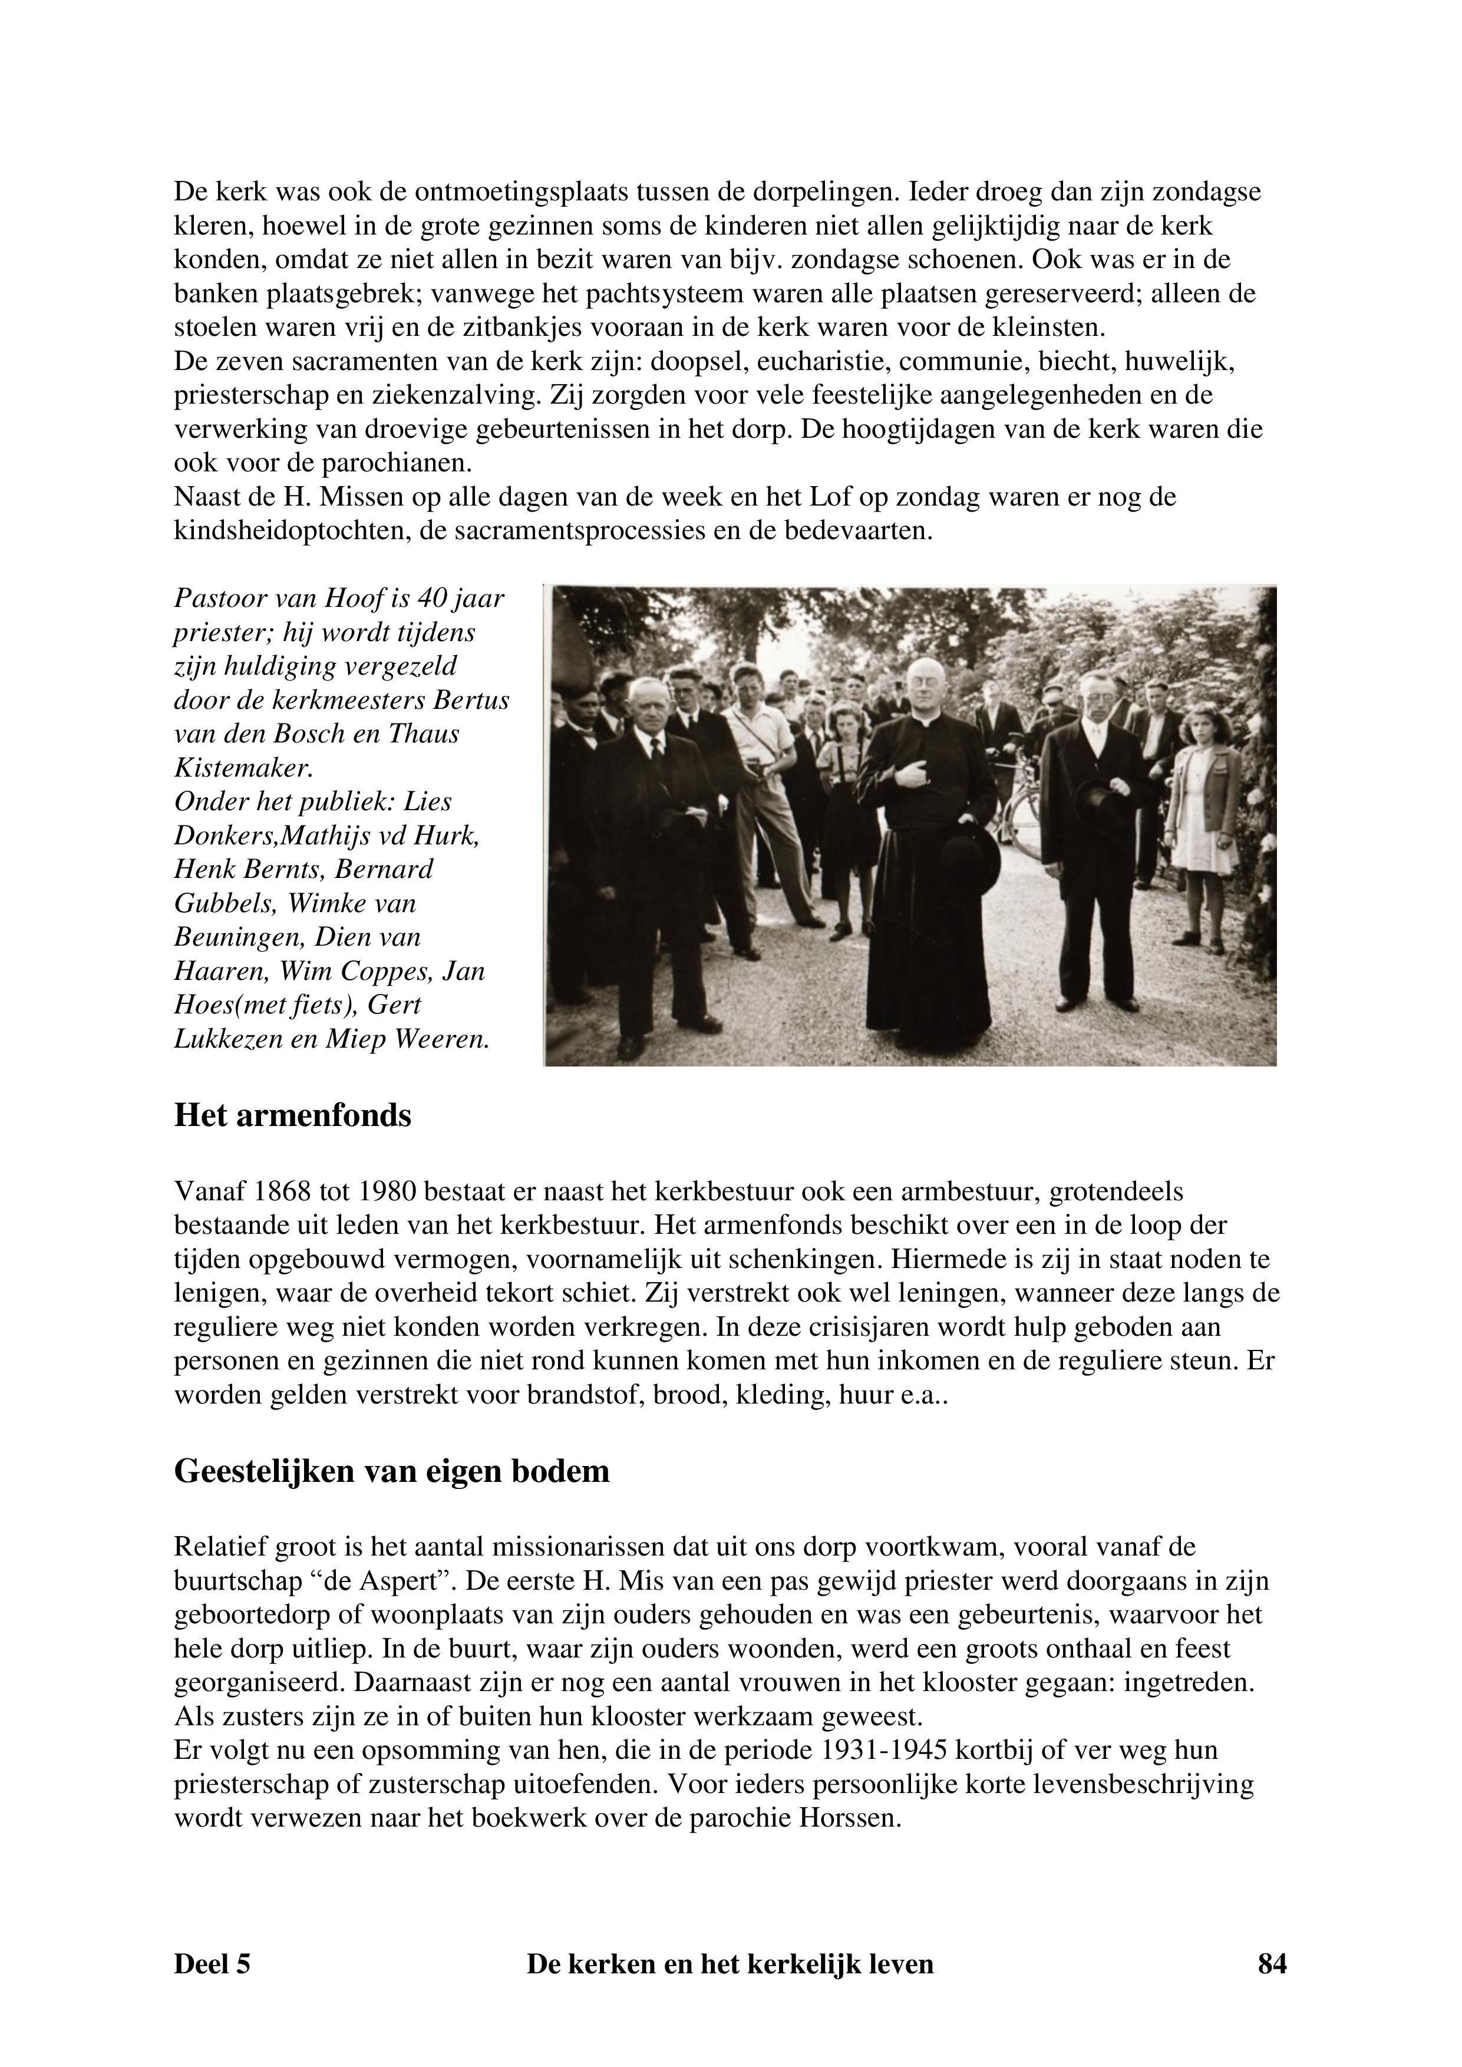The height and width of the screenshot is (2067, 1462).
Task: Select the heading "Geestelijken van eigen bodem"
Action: pos(392,1470)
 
